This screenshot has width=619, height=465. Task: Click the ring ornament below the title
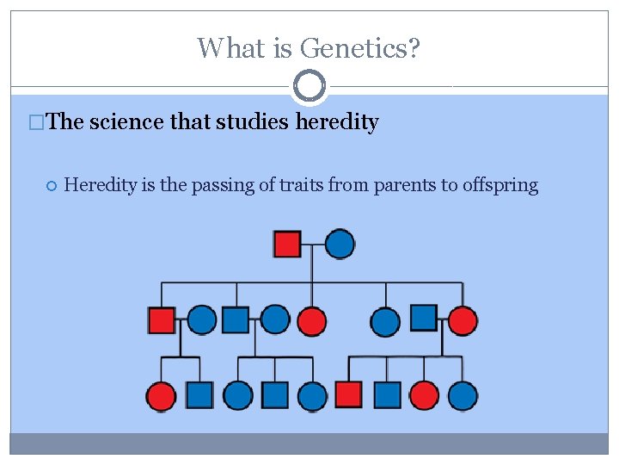tap(309, 86)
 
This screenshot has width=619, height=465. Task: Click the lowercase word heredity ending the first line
tap(337, 122)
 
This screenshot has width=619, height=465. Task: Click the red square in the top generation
tap(287, 244)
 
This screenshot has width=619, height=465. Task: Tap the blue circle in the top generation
tap(340, 244)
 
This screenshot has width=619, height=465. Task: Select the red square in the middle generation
tap(162, 320)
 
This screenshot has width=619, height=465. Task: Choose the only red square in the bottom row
tap(348, 394)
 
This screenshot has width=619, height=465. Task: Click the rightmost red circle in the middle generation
tap(463, 320)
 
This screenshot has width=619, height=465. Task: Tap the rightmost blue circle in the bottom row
tap(463, 395)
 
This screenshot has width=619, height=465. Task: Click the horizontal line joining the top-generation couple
tap(313, 245)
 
